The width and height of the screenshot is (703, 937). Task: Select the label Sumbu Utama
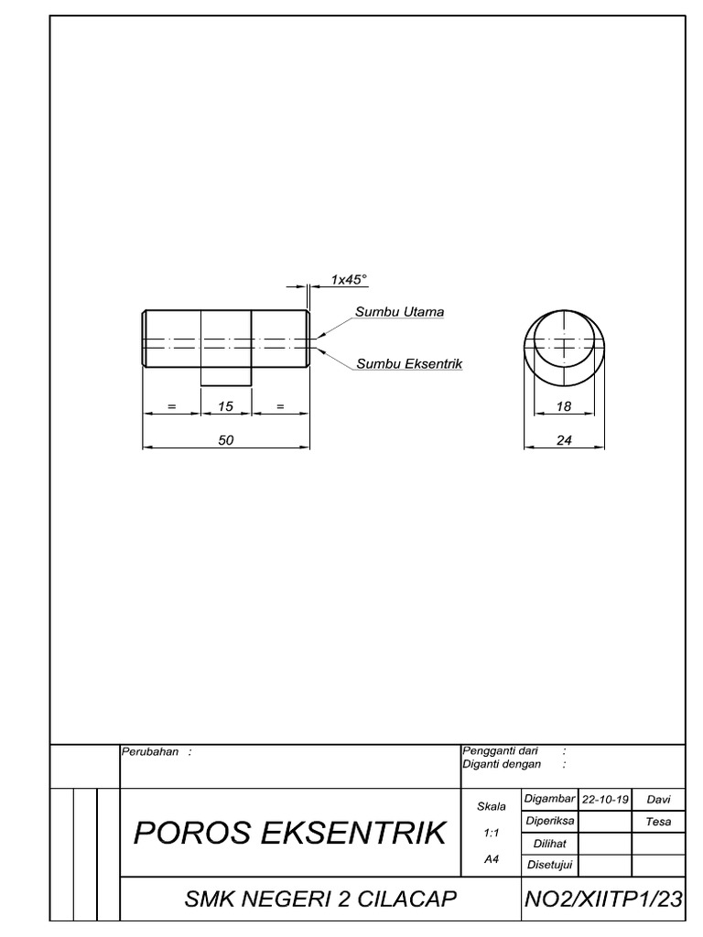pyautogui.click(x=399, y=312)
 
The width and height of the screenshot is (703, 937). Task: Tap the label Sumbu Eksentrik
pyautogui.click(x=408, y=363)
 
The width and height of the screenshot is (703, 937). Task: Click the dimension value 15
pyautogui.click(x=225, y=407)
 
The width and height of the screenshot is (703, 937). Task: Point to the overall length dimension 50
pyautogui.click(x=225, y=440)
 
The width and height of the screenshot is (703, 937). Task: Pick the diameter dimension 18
pyautogui.click(x=563, y=407)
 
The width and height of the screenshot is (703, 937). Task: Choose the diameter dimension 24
pyautogui.click(x=563, y=440)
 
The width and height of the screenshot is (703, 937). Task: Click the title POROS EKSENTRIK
pyautogui.click(x=290, y=833)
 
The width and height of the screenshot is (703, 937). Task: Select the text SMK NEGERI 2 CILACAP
pyautogui.click(x=320, y=899)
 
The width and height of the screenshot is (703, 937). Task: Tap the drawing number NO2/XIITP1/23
pyautogui.click(x=603, y=899)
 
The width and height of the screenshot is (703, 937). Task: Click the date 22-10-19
pyautogui.click(x=605, y=799)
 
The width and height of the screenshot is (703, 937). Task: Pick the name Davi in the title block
pyautogui.click(x=659, y=799)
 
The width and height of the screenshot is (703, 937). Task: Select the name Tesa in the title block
pyautogui.click(x=659, y=822)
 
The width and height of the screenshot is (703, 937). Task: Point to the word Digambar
pyautogui.click(x=549, y=799)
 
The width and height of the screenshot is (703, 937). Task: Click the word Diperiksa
pyautogui.click(x=549, y=821)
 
